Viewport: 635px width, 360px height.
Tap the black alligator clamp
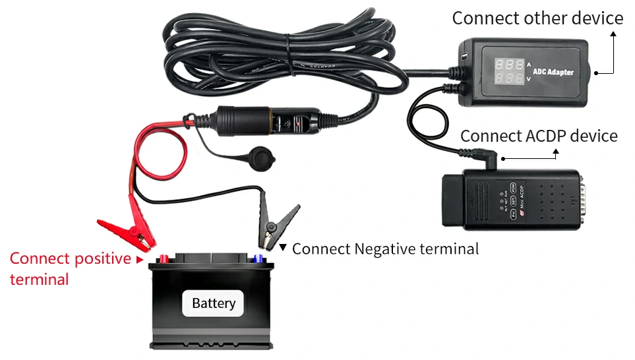click(x=277, y=222)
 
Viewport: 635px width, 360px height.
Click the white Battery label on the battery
click(x=213, y=303)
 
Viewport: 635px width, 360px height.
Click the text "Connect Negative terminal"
click(x=385, y=249)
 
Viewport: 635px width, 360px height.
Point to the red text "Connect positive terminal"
click(x=70, y=268)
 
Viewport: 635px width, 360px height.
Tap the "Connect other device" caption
click(x=537, y=18)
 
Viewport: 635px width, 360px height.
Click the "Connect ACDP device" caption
click(x=539, y=136)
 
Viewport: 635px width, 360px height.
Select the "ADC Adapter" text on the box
click(x=553, y=72)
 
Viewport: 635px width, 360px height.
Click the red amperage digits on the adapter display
click(x=509, y=66)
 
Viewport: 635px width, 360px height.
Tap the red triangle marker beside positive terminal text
click(x=139, y=259)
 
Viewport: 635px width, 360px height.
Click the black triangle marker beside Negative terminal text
click(x=283, y=248)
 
